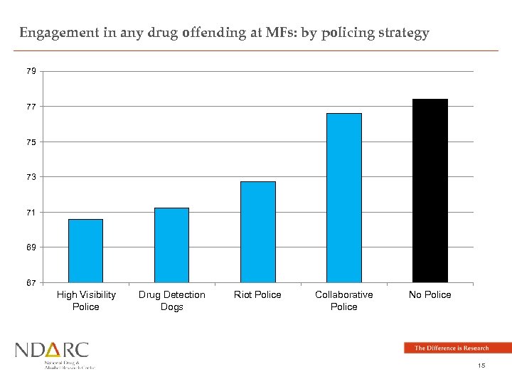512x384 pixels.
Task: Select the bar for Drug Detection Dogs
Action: [x=171, y=245]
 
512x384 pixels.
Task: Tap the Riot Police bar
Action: [x=257, y=232]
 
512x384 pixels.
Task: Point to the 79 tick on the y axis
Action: [x=31, y=72]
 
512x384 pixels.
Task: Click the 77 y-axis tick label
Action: [x=31, y=107]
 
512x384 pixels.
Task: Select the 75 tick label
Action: [x=31, y=142]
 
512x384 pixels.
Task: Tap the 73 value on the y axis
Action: [x=31, y=177]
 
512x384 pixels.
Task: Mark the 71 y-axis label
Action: [x=31, y=213]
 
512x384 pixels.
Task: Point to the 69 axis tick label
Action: [x=31, y=247]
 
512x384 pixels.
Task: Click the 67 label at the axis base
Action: [x=31, y=283]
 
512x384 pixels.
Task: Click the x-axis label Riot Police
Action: [x=257, y=295]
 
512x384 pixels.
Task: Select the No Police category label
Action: [x=430, y=295]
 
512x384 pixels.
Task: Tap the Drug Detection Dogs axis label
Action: [x=171, y=301]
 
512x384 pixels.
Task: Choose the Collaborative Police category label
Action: [x=343, y=301]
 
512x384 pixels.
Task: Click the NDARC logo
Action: [x=54, y=355]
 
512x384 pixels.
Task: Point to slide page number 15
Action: [x=481, y=366]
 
